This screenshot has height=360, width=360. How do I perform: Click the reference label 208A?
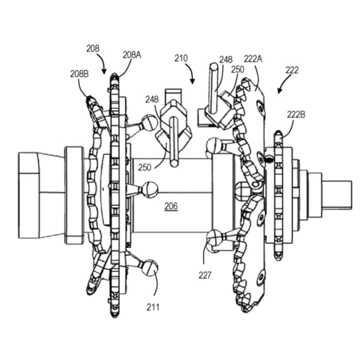point(132,55)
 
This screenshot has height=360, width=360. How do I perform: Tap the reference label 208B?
point(79,74)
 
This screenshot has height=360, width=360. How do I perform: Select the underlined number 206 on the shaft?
point(171,206)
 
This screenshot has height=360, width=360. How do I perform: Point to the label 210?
point(181,58)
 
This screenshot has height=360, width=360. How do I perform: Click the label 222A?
point(253,59)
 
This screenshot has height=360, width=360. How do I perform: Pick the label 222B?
point(296,114)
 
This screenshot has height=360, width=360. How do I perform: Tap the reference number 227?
point(204,275)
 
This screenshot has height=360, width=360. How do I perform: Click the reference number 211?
point(153,307)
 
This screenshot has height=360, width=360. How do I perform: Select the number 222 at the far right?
point(292,70)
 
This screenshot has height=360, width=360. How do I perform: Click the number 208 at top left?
point(93,48)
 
